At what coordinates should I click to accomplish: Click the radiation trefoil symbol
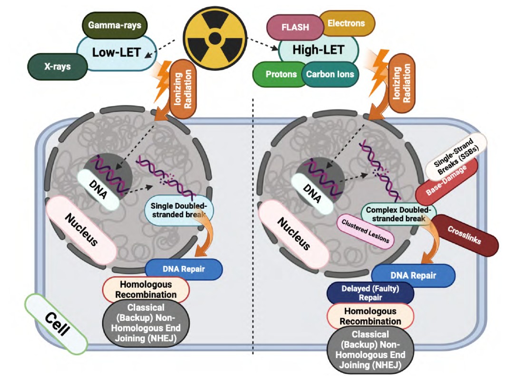tap(215, 37)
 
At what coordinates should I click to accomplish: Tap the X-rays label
tap(58, 67)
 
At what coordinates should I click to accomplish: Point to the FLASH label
tap(295, 27)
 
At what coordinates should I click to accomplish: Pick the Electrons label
tap(346, 23)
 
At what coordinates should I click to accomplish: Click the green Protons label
tap(281, 74)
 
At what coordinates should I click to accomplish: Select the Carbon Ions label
tap(330, 74)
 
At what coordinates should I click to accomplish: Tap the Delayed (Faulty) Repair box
tap(370, 292)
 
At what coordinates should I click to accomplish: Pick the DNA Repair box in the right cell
tap(413, 275)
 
